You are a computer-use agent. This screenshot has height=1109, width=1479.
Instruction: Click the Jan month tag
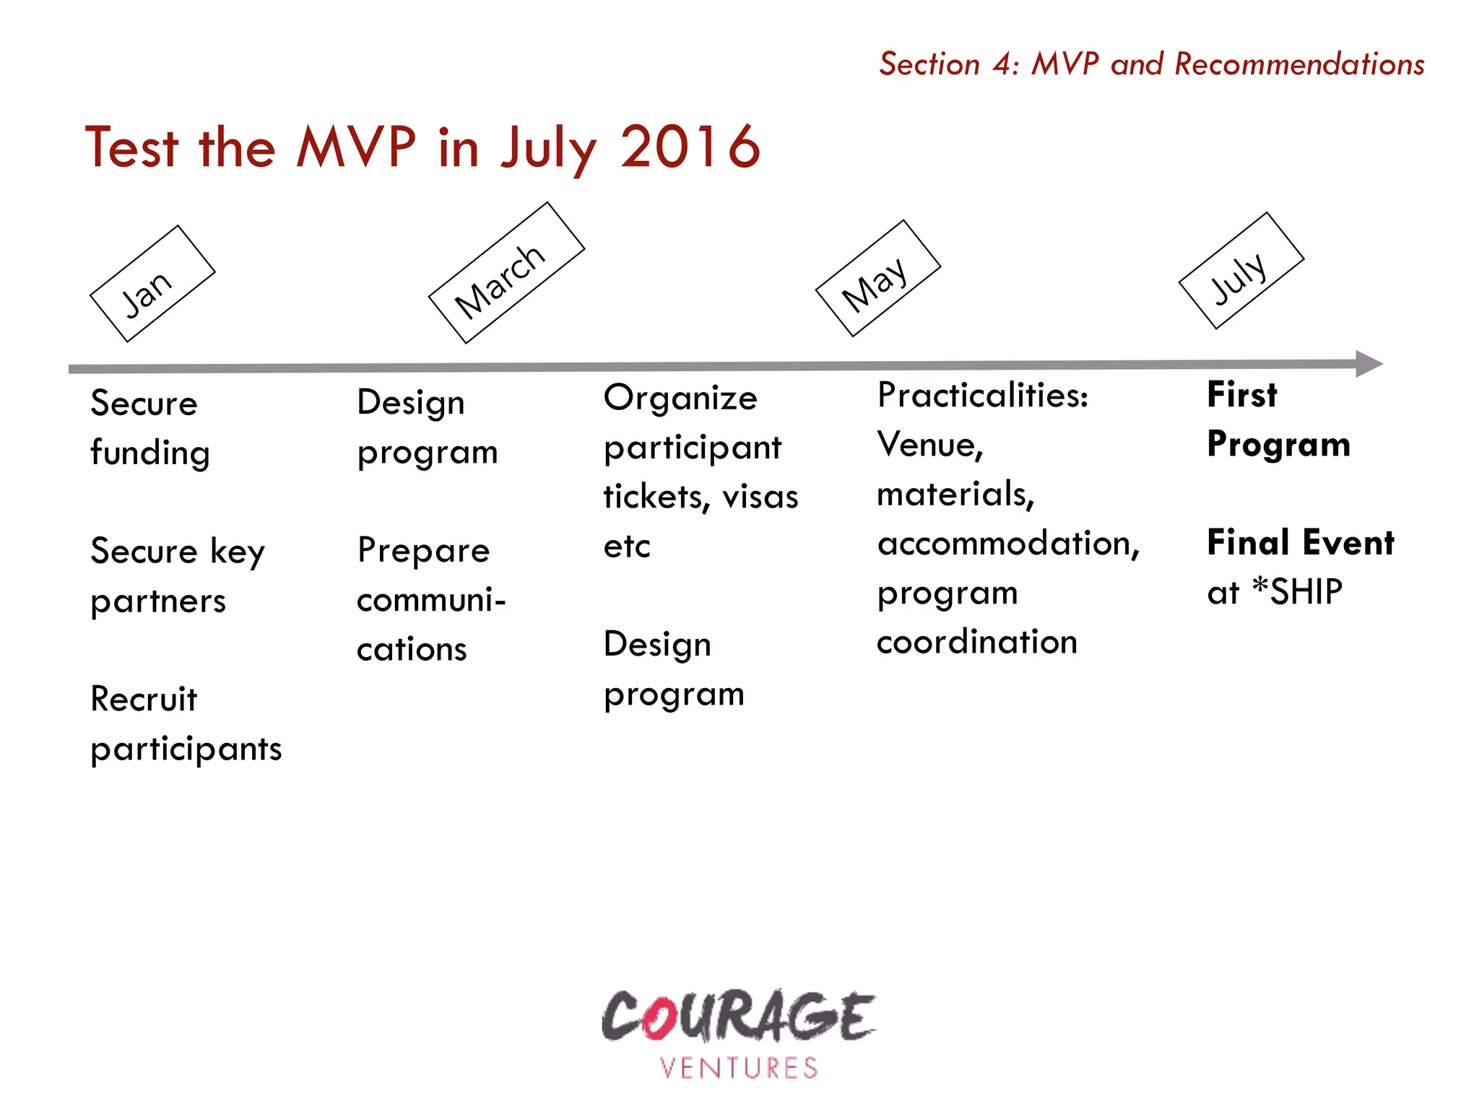coord(152,284)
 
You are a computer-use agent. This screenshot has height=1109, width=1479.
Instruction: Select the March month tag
coord(506,273)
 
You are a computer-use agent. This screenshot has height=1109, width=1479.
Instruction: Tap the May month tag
coord(877,278)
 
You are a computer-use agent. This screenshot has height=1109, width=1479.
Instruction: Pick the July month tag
coord(1241,271)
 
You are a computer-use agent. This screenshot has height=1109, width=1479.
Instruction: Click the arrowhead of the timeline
coord(1368,364)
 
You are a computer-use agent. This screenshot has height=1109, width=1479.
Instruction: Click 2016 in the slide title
coord(690,147)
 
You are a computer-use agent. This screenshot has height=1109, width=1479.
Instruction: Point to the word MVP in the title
coord(357,147)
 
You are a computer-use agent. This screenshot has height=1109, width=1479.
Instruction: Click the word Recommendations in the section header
coord(1299,64)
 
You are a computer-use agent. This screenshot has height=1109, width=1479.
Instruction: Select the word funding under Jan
coord(150,453)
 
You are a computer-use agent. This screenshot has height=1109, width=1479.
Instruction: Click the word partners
coord(158,601)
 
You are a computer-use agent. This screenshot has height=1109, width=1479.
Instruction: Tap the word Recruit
coord(144,699)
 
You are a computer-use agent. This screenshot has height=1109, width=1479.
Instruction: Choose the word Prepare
coord(424,551)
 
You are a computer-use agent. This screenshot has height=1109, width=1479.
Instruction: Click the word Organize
coord(680,398)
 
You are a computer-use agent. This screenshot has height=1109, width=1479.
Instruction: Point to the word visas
coord(760,497)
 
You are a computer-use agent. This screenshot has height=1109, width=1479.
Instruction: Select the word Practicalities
coord(981,395)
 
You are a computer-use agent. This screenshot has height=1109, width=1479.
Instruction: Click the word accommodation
coord(1008,544)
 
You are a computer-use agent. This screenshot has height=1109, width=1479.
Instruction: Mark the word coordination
coord(976,642)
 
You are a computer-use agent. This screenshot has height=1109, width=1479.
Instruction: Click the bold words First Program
coord(1277,419)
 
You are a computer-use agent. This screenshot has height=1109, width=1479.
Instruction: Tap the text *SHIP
coord(1297,592)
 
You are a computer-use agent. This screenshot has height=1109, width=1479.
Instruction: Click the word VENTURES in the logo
coord(739,1068)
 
